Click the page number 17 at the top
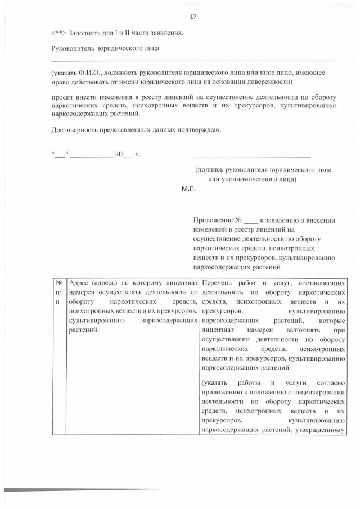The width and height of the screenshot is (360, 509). point(193,16)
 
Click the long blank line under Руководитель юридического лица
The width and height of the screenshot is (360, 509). point(192,60)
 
